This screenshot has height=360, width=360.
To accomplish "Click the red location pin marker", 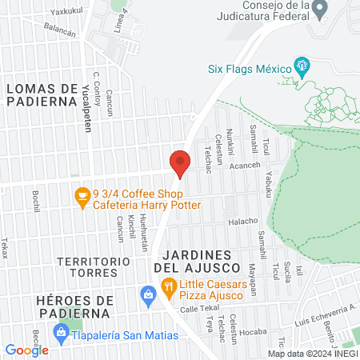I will (x=180, y=162).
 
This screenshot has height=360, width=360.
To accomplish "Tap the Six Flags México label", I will (x=251, y=70).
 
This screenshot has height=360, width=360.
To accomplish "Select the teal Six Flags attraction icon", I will (x=302, y=65).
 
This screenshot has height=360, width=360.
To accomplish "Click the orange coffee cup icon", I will (x=82, y=195).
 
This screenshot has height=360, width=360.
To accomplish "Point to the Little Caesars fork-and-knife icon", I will (x=168, y=286).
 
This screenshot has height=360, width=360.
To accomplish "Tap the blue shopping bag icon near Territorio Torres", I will (x=149, y=296).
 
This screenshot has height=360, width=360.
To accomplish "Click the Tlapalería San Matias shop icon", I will (x=60, y=330).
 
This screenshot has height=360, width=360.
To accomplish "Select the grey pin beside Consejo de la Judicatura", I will (x=320, y=10).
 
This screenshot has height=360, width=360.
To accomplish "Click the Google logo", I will (x=26, y=350).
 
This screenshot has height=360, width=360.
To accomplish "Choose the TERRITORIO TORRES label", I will (x=94, y=268).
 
